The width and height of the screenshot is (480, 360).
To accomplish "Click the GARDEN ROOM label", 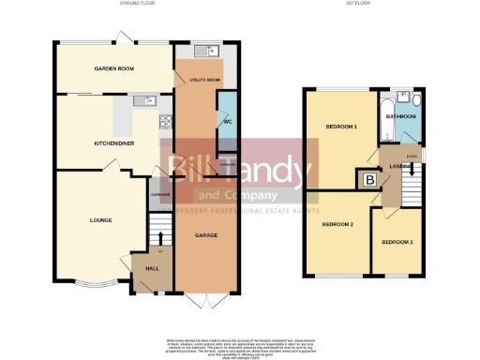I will pos(112,68).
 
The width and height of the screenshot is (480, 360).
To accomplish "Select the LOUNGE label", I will pos(101,220).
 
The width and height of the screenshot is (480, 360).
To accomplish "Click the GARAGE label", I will pos(205,235).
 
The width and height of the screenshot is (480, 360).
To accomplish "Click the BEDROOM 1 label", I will pos(341,126).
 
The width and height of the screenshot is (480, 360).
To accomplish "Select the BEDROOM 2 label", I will pos(337,225).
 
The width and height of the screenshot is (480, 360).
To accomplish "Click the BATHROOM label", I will pos(403,116).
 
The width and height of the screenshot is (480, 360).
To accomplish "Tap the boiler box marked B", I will pos(369,179).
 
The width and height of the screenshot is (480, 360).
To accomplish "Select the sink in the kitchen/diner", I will pos(143,101).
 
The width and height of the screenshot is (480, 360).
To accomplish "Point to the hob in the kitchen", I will pos(166,120).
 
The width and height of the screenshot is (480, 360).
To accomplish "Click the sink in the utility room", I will pos(205,51).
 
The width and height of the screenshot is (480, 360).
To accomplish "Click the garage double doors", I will pos(205,300).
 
